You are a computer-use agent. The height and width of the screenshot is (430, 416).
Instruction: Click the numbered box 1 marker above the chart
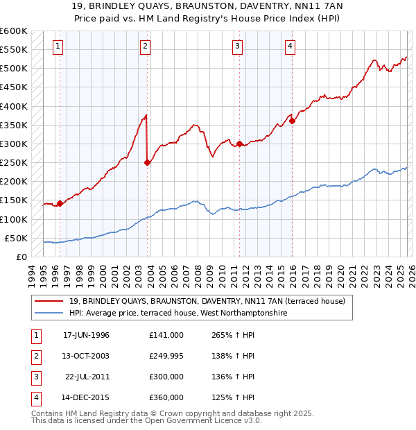[x=57, y=46]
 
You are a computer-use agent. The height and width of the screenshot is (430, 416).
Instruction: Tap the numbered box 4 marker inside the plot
[x=290, y=46]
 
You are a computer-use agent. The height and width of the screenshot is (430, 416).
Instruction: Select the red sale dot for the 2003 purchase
[x=147, y=163]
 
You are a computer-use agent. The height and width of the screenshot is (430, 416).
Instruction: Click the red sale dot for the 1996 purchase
[x=60, y=203]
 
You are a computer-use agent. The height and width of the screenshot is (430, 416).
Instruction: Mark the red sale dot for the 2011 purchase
[x=239, y=144]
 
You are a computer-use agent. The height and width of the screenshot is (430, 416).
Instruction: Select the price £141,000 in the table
[x=166, y=335]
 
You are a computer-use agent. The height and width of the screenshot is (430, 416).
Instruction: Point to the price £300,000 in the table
[x=166, y=377]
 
